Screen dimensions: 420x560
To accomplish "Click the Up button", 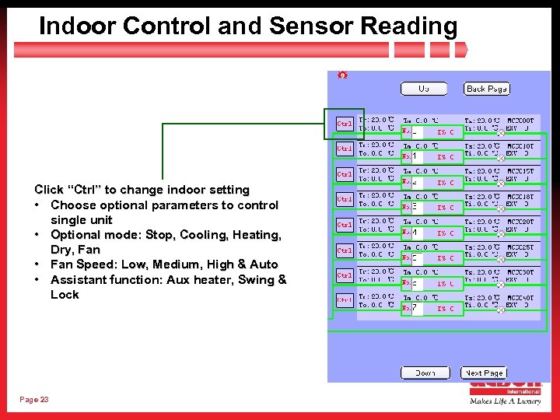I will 424,89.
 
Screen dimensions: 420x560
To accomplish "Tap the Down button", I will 425,373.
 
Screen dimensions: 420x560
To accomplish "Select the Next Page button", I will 484,373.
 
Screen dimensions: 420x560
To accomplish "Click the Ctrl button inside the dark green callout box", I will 344,124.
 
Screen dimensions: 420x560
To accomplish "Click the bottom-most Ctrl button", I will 344,299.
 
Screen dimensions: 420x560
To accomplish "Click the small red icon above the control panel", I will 342,75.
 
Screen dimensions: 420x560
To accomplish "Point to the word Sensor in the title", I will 313,26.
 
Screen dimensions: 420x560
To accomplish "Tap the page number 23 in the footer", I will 34,399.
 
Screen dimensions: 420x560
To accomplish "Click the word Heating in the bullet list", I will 255,235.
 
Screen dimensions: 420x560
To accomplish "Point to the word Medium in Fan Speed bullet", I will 175,265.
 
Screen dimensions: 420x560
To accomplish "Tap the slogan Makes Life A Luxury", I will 505,401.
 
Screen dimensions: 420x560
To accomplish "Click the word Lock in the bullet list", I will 65,295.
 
